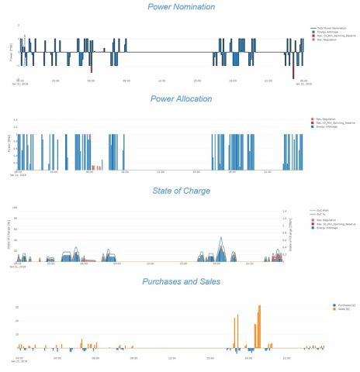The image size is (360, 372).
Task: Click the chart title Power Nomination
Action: pos(181,7)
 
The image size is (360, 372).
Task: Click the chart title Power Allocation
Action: pos(181,99)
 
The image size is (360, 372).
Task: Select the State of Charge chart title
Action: pos(181,191)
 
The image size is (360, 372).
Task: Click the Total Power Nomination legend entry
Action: pos(330,28)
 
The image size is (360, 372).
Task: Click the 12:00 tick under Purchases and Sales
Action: pos(170,358)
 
